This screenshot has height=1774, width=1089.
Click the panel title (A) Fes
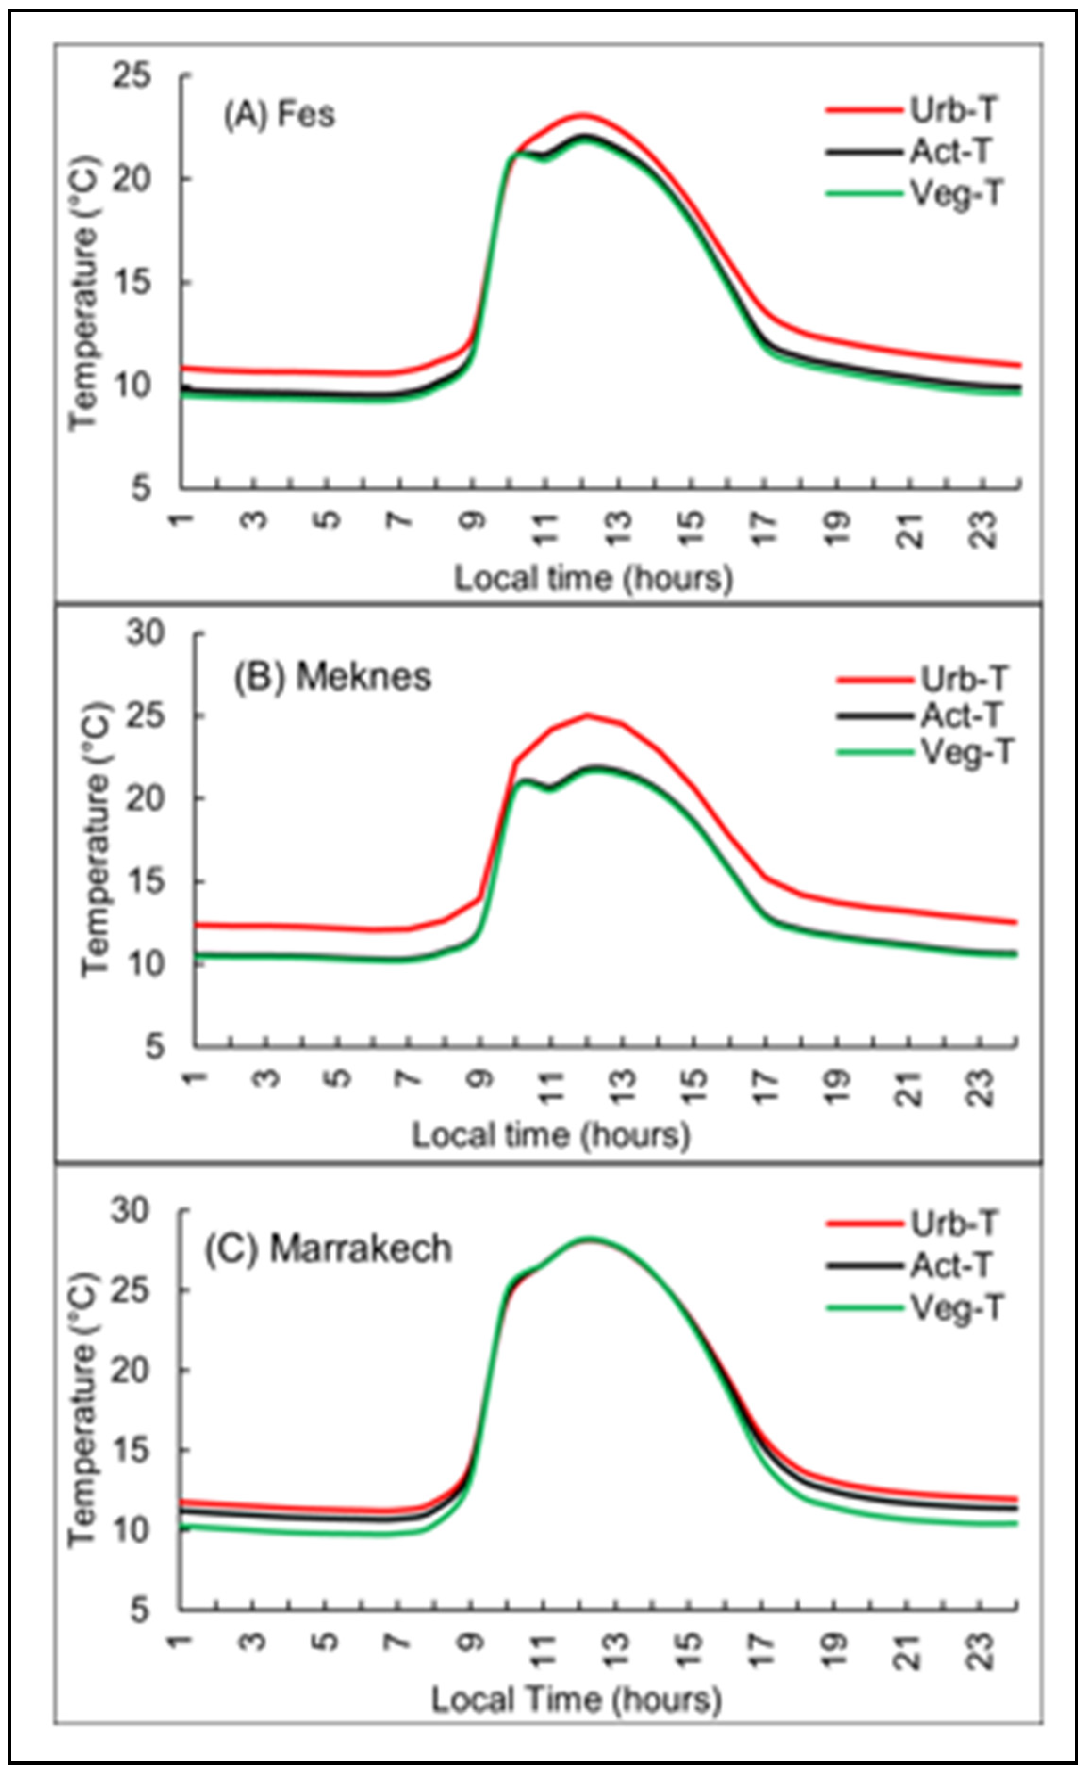coord(280,115)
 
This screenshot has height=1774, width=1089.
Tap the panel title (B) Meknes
coord(332,677)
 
